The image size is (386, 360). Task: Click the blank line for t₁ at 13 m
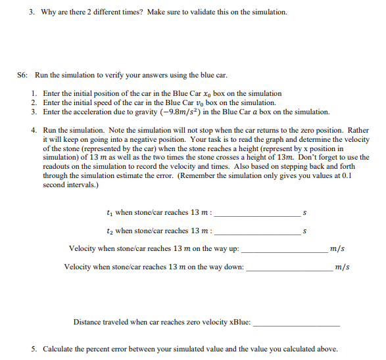tap(258, 214)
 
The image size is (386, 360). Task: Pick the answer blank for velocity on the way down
tap(289, 268)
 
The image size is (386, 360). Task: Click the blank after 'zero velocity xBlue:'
tap(297, 324)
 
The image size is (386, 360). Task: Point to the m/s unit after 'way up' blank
tap(337, 249)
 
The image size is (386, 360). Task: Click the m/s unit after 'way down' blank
tap(341, 267)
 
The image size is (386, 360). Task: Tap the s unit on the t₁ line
tap(304, 213)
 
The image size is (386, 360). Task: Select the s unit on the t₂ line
tap(304, 231)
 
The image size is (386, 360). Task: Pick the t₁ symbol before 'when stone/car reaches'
tap(109, 213)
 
